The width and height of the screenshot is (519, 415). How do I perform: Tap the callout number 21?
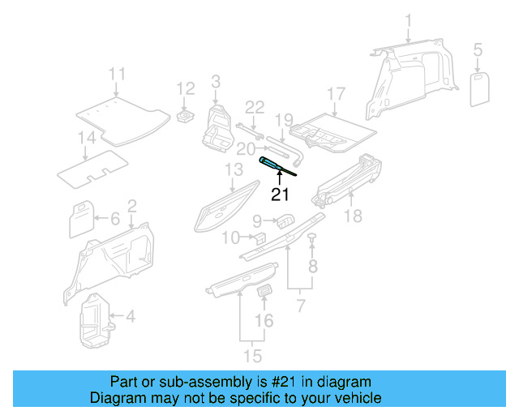[x=280, y=195]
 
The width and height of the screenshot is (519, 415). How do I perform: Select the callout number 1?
[x=409, y=20]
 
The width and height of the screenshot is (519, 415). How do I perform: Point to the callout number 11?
[x=118, y=75]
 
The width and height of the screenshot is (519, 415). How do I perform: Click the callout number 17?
[x=337, y=93]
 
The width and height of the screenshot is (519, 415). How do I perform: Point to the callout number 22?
[x=255, y=107]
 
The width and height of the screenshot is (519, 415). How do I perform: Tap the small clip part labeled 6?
[x=81, y=217]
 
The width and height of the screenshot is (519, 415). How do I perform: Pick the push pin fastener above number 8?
[x=311, y=237]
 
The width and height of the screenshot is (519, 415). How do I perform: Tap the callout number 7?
[x=300, y=306]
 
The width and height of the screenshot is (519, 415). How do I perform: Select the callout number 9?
[x=256, y=220]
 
